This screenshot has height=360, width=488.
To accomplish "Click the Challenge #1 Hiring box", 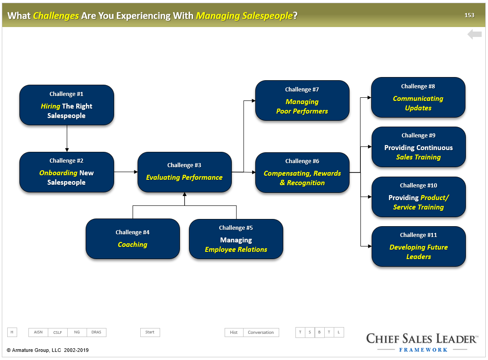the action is coord(67,105).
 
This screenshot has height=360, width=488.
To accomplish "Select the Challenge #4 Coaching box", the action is coord(133,239).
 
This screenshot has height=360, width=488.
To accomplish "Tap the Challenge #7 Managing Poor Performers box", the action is coord(302,100).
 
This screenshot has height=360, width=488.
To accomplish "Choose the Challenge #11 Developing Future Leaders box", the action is coord(419,246).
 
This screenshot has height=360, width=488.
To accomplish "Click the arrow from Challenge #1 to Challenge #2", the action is coord(67,138).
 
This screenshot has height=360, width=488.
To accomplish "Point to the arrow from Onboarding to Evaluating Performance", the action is coord(126,172).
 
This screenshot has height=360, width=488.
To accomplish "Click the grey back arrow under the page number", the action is coord(474,34).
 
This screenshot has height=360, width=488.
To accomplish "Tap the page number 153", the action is coord(470,15).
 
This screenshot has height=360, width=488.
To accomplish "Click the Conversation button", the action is coord(261,333).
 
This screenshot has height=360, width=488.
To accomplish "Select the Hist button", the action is coord(234,333).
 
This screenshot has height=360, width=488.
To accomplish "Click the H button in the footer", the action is coord(12,332).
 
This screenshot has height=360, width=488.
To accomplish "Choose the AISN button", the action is coord(38,333).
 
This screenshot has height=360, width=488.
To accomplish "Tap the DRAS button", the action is coord(97,333).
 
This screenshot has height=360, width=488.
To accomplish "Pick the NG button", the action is coord(77,333).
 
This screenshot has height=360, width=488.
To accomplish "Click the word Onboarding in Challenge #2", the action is coord(58,173).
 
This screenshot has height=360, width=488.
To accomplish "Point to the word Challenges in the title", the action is coord(56,15).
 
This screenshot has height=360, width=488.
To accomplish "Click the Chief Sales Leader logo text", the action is coord(422,338).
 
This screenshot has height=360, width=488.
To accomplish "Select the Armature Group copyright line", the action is coord(48,350).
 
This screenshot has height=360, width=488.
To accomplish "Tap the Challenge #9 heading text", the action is coord(419,136).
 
